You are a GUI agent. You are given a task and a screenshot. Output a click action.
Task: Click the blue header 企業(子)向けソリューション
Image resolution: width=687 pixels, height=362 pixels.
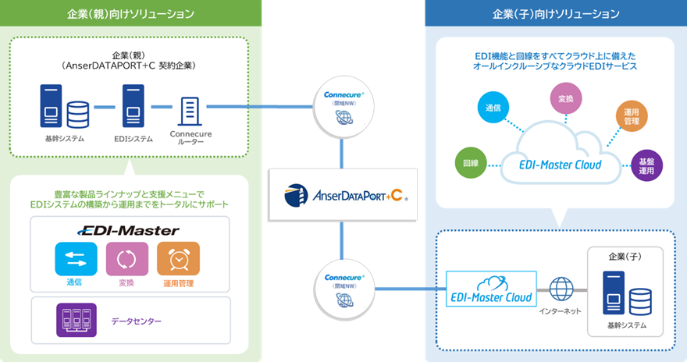pyautogui.click(x=555, y=14)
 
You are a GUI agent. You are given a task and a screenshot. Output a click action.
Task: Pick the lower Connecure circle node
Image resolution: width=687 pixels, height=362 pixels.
pyautogui.click(x=343, y=289)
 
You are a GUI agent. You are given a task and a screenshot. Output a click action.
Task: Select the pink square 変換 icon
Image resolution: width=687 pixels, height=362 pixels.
pyautogui.click(x=126, y=259)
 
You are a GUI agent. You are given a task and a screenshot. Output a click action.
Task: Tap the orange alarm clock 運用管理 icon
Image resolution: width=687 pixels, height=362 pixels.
pyautogui.click(x=178, y=259)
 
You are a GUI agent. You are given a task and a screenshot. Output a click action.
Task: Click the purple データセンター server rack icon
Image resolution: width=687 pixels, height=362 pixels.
pyautogui.click(x=77, y=320)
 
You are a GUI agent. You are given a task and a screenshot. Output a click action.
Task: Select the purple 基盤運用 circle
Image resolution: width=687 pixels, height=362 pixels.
pyautogui.click(x=646, y=165)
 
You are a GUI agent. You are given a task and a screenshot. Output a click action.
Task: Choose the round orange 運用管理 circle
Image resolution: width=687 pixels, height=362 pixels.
pyautogui.click(x=632, y=118)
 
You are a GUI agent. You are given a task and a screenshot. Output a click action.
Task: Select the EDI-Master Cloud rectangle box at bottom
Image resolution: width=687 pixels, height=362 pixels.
pyautogui.click(x=491, y=289)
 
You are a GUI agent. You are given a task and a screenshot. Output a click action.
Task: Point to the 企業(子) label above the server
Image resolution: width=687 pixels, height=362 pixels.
pyautogui.click(x=625, y=255)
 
